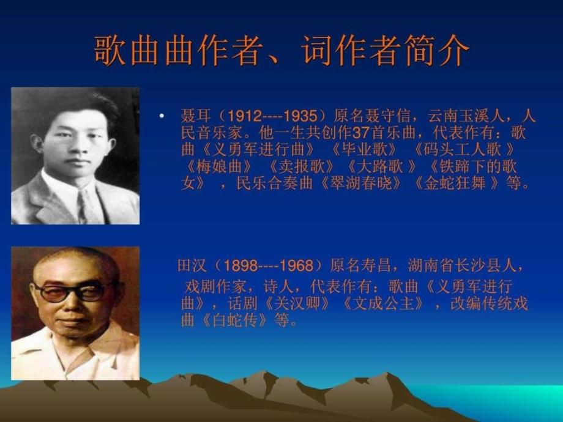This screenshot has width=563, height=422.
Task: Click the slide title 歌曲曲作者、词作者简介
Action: [281, 50]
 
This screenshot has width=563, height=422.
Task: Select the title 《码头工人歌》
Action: [464, 150]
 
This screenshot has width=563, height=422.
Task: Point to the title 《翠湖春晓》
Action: [360, 183]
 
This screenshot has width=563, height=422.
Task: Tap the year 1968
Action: [296, 266]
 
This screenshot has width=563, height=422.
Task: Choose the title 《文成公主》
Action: [383, 304]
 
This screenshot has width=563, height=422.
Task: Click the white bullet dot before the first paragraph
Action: [162, 116]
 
